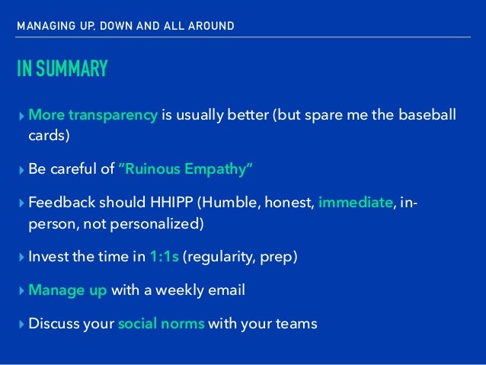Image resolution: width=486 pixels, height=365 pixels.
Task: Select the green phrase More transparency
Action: pos(93,115)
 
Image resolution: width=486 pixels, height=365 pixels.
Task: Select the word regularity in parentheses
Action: pos(219,256)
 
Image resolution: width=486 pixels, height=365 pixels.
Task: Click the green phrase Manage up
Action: pos(68,290)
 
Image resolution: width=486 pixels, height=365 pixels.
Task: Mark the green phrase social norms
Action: pos(161,325)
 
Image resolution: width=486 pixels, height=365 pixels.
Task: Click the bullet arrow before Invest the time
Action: pos(21,256)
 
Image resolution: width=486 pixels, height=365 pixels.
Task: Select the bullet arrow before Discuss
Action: pos(21,325)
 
